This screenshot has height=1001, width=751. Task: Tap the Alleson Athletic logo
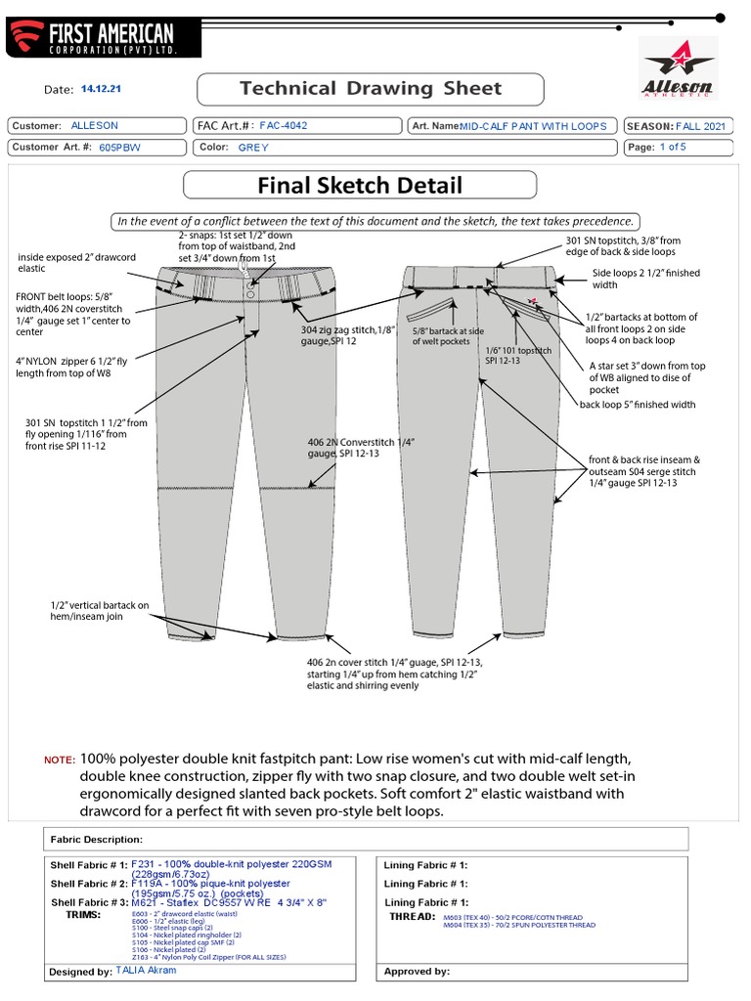pyautogui.click(x=676, y=69)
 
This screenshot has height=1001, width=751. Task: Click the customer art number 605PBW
pyautogui.click(x=118, y=147)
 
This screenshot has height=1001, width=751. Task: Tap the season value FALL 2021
pyautogui.click(x=700, y=126)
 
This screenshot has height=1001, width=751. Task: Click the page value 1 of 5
pyautogui.click(x=673, y=147)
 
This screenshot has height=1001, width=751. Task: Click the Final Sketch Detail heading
pyautogui.click(x=360, y=185)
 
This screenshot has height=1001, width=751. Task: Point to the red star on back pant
pyautogui.click(x=531, y=300)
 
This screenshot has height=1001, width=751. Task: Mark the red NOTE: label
pyautogui.click(x=59, y=761)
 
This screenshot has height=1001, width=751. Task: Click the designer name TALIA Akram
pyautogui.click(x=146, y=971)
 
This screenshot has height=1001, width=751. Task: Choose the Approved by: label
pyautogui.click(x=417, y=972)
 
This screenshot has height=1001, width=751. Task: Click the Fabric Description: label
pyautogui.click(x=96, y=839)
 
